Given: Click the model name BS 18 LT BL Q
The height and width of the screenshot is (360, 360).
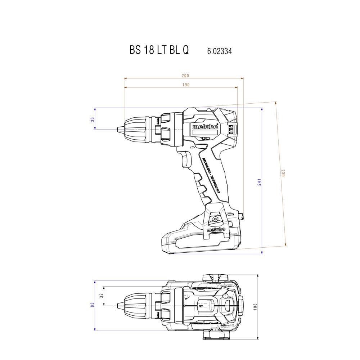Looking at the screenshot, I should [159, 50].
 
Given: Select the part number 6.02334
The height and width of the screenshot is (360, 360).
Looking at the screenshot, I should [219, 51].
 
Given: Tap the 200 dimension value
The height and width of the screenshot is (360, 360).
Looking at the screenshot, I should [185, 76].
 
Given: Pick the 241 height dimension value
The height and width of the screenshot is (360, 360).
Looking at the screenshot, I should [259, 182].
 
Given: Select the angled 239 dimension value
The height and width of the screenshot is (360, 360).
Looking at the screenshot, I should [283, 173].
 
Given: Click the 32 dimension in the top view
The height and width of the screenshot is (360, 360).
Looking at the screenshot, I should [102, 296].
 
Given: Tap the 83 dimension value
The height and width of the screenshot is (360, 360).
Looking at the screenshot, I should [92, 305].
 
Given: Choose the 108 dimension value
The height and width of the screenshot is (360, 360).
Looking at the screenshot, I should [255, 307].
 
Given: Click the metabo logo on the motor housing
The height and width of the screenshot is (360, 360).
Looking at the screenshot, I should [205, 127].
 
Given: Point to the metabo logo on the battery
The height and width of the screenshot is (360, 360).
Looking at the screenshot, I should [216, 229].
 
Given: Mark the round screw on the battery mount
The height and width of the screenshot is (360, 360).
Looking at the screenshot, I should [215, 219].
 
